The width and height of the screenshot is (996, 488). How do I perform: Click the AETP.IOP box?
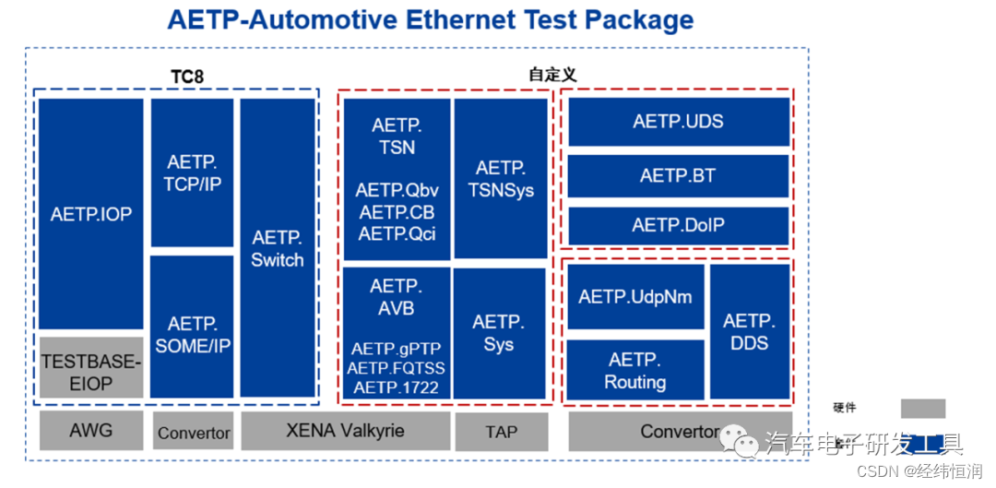tap(91, 214)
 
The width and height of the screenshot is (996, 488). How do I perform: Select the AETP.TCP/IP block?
tap(192, 173)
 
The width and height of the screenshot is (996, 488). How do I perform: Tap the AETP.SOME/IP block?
tap(192, 334)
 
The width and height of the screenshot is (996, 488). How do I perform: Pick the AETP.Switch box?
tap(277, 248)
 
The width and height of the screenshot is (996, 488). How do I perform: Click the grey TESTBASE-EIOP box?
tap(91, 370)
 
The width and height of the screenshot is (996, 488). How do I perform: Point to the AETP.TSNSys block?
tap(501, 179)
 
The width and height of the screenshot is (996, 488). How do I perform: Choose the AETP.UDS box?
tap(678, 122)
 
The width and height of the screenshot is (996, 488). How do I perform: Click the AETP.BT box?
tap(678, 174)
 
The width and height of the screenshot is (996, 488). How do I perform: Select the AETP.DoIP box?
tap(678, 226)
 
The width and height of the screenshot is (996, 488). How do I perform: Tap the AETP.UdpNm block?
tap(635, 297)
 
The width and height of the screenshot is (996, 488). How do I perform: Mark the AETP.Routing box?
tap(635, 370)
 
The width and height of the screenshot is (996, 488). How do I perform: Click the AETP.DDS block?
tap(750, 332)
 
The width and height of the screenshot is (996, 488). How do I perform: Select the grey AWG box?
tap(90, 431)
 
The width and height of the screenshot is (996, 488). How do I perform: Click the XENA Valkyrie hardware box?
tap(345, 431)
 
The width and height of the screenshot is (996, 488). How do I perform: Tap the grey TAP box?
tap(501, 432)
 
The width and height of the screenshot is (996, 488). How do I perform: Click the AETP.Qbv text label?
tap(397, 191)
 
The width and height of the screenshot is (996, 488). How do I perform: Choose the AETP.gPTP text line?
tap(397, 349)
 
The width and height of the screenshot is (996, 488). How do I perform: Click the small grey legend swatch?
tap(922, 409)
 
